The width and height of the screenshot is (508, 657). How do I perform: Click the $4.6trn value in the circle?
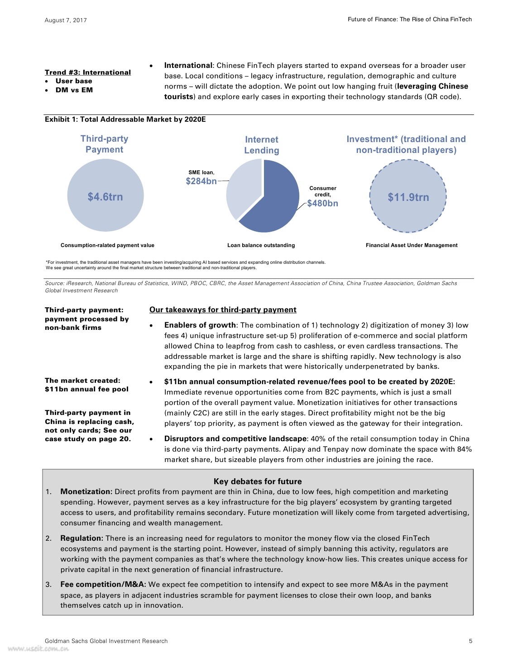point(105,197)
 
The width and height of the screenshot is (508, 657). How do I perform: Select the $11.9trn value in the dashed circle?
point(408,197)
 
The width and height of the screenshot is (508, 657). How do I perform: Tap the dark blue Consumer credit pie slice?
point(276,204)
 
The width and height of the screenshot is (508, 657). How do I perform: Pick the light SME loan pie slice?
point(242,186)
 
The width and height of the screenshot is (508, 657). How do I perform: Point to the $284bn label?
point(201,181)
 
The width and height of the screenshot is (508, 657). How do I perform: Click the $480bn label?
point(322,203)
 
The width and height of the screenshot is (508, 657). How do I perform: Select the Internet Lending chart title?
point(262,145)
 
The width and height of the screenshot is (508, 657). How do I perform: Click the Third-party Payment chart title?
point(104,144)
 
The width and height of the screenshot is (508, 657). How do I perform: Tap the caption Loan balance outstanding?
point(261,245)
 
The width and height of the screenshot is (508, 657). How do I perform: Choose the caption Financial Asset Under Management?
point(412,245)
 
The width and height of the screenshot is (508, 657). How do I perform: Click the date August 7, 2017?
point(66,20)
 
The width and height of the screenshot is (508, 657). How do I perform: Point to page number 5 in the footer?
point(470,641)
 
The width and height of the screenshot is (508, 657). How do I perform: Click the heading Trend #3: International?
point(88,72)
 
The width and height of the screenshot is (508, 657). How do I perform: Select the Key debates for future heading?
point(257,481)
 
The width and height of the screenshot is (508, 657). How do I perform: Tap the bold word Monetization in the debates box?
point(86,492)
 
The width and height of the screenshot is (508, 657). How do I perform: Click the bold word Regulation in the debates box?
point(82,538)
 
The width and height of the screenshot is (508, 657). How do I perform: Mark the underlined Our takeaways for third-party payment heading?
point(223,309)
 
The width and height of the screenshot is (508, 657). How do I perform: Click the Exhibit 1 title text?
point(125,119)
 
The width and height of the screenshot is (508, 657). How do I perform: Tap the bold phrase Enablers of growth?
point(200,325)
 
